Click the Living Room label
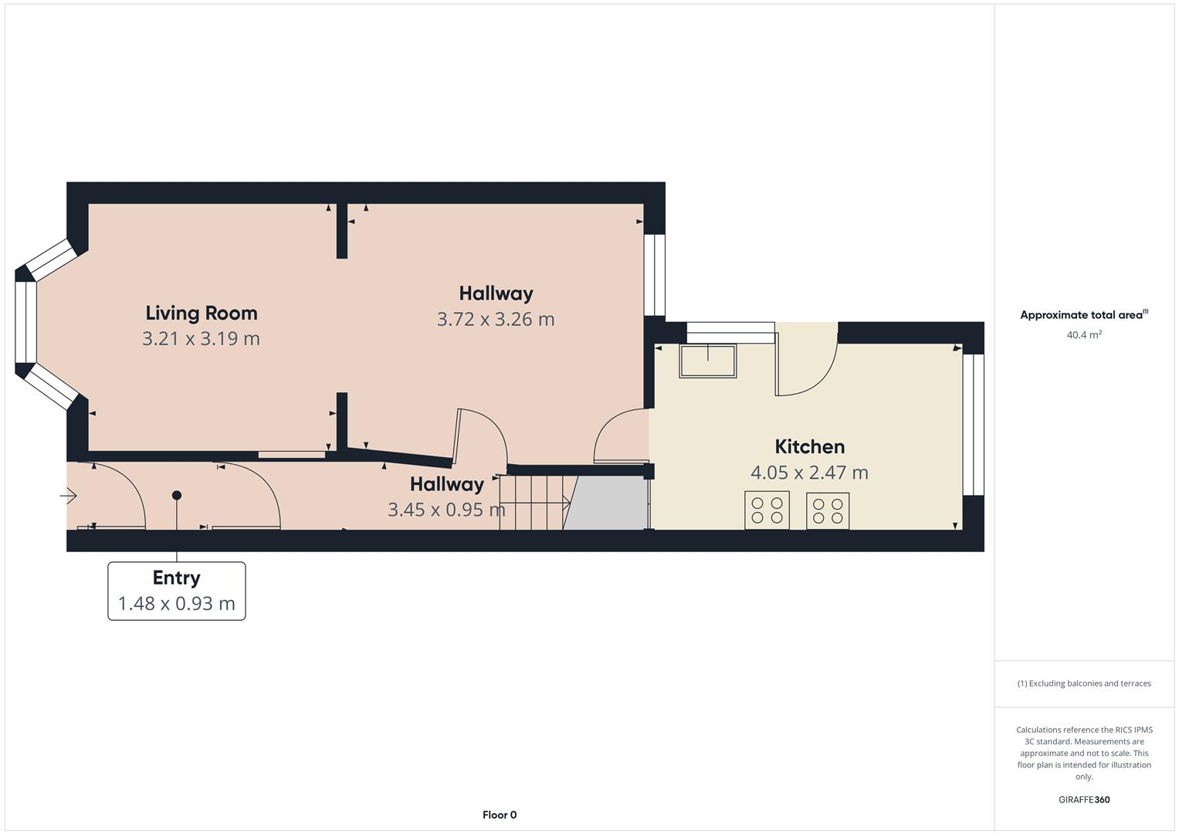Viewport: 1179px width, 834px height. click(202, 313)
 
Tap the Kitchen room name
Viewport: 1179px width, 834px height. click(809, 446)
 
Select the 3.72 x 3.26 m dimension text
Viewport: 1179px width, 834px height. click(496, 319)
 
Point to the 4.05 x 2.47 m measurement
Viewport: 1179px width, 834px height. click(809, 472)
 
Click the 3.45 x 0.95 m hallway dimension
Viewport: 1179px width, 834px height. click(446, 510)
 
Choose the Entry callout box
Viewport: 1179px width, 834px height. click(177, 591)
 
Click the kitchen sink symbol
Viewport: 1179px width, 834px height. click(707, 361)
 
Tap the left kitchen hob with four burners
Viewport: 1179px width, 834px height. click(767, 510)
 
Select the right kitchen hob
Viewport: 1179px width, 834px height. click(828, 511)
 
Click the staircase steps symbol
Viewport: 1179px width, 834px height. click(533, 503)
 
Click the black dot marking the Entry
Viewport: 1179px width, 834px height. click(177, 495)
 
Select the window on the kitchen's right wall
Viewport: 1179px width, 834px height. click(974, 424)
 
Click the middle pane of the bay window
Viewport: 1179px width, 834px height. click(26, 321)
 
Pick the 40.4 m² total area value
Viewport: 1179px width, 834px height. click(1084, 335)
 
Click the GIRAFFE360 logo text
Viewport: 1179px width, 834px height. click(1084, 800)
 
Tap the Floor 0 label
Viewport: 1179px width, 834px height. click(500, 815)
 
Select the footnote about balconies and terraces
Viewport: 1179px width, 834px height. click(1084, 683)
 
